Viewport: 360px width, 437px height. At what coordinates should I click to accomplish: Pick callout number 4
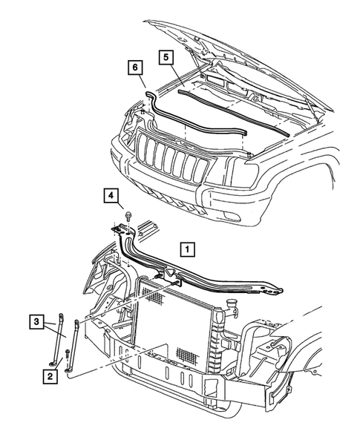pyautogui.click(x=109, y=195)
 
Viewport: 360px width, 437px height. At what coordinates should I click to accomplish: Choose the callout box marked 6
pyautogui.click(x=134, y=68)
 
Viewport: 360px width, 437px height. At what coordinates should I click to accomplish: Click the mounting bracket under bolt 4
pyautogui.click(x=121, y=231)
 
